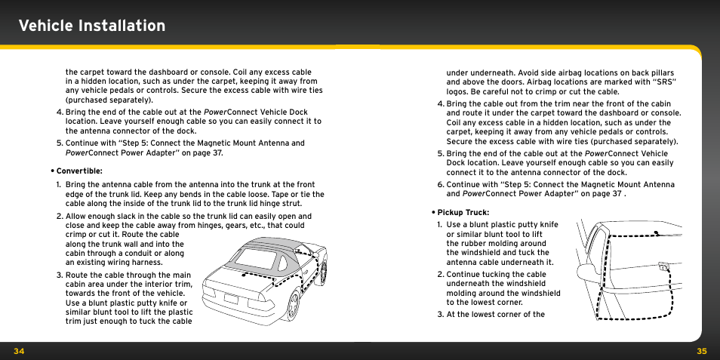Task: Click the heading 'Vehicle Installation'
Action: pos(92,26)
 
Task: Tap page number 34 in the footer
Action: pos(18,351)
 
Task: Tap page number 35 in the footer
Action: pos(701,351)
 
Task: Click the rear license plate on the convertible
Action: pos(231,297)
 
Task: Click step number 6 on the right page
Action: pos(440,184)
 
